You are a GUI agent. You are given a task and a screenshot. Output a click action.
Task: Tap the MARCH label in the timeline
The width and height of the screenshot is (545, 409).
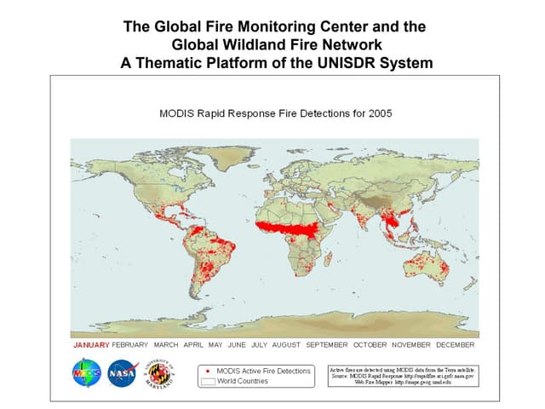click(x=166, y=345)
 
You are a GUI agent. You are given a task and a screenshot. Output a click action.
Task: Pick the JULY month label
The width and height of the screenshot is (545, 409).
click(x=260, y=345)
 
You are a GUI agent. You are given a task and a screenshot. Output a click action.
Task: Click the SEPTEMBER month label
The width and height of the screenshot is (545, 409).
click(x=327, y=345)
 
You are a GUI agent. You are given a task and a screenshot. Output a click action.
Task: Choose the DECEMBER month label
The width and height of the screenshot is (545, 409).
click(x=455, y=345)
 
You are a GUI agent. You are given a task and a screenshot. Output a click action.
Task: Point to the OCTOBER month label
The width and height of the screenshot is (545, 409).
click(x=371, y=345)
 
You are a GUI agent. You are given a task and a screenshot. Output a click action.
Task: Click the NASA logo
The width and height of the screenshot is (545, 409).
click(x=122, y=373)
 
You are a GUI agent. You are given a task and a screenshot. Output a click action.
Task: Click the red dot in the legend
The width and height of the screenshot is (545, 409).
click(x=209, y=371)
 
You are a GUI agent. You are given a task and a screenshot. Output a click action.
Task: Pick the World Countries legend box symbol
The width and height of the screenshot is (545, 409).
click(x=208, y=382)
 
